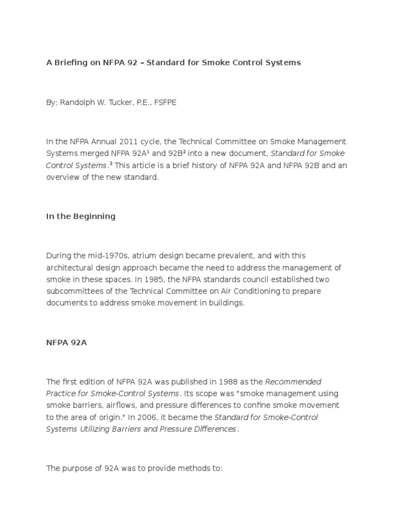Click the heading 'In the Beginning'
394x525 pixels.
coord(81,216)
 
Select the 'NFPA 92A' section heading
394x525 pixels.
coord(66,342)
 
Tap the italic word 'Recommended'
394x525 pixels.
coord(293,382)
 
